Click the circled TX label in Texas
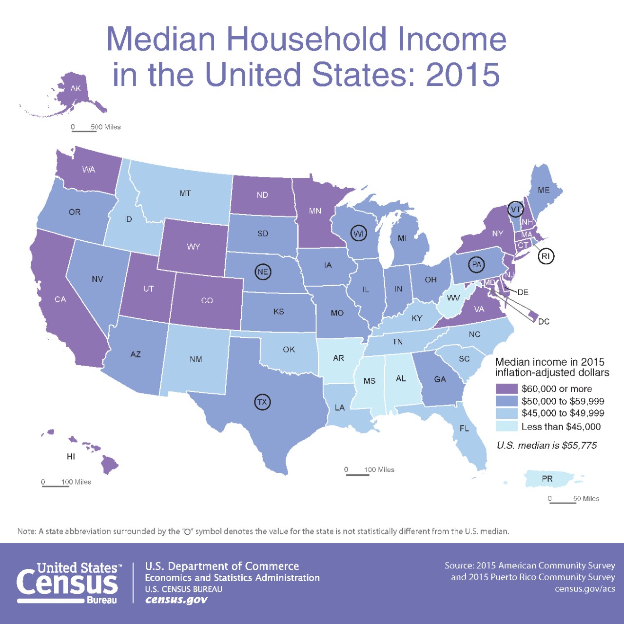pos(262,402)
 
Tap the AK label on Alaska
pos(76,88)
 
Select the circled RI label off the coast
pos(546,256)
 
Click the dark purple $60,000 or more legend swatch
pos(506,389)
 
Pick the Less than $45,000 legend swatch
pos(506,426)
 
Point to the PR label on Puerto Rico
pos(547,479)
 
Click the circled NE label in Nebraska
pos(263,272)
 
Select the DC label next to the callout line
pos(544,321)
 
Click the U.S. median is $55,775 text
pos(546,445)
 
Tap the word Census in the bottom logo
pos(67,583)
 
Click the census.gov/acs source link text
pos(585,589)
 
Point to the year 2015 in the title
pos(463,75)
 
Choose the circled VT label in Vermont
pos(515,209)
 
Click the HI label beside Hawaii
pos(71,456)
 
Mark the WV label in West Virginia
pos(453,298)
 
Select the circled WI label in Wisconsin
pos(358,234)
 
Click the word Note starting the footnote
pos(26,531)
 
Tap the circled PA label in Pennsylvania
pos(476,265)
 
